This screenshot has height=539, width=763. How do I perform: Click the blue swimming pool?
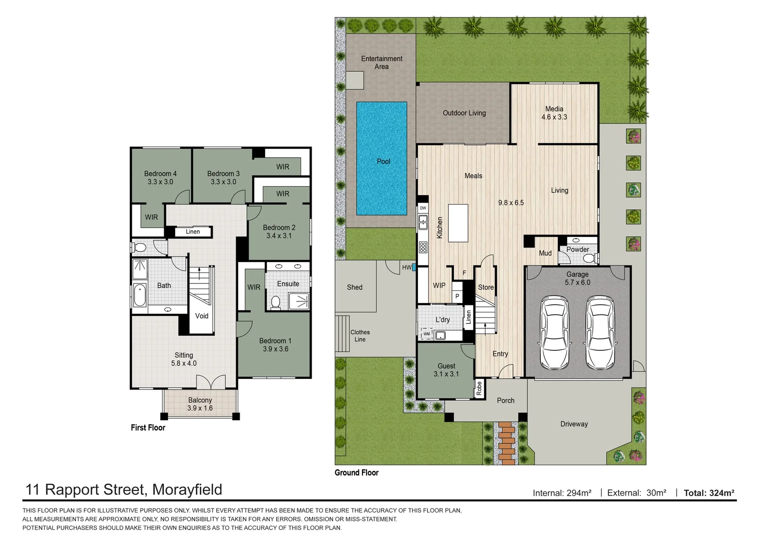tap(381, 158)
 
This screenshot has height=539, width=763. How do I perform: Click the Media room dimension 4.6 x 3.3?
tap(554, 117)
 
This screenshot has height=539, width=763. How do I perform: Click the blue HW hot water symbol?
tap(414, 268)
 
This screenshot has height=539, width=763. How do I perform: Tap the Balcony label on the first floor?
tap(200, 400)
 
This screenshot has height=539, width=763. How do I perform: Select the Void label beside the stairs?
tap(202, 316)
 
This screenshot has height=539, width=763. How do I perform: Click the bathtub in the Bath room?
tap(139, 295)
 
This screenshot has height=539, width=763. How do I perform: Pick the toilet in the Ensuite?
tap(275, 302)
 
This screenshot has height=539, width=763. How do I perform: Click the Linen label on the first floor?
tap(193, 232)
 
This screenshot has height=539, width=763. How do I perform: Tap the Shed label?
tap(355, 287)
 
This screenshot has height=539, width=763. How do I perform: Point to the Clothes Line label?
tap(360, 336)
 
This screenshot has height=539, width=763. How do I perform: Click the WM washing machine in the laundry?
tap(426, 334)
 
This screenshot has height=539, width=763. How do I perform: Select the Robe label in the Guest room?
tap(479, 388)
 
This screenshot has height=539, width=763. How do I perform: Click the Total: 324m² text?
tap(709, 493)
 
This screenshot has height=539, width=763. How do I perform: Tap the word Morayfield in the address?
tap(187, 490)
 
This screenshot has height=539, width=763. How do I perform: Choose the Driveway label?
tap(574, 424)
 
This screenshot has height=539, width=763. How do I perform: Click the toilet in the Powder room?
tap(589, 258)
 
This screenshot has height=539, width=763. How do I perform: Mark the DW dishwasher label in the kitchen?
tap(423, 208)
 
